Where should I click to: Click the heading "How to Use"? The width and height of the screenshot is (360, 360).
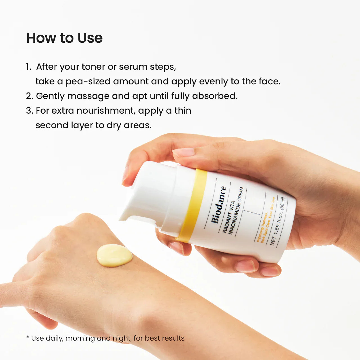(x=64, y=38)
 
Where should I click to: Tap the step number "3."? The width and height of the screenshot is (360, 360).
(x=30, y=111)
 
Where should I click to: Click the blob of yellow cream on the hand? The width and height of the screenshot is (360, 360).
(x=114, y=255)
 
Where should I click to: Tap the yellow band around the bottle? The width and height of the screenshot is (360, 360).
(x=193, y=206)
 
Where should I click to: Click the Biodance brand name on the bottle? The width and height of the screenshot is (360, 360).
(x=219, y=205)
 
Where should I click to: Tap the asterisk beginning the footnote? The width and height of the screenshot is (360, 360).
(x=28, y=337)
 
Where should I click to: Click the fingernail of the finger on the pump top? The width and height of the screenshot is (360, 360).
(x=184, y=152)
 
